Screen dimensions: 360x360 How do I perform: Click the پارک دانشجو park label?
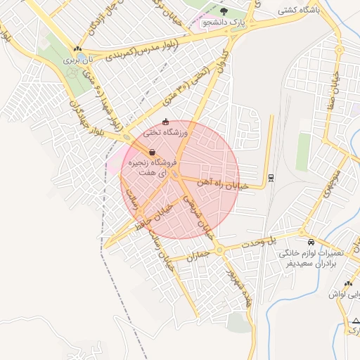[226, 22]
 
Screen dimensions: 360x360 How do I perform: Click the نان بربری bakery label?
[78, 60]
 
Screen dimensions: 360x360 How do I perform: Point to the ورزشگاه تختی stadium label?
[167, 132]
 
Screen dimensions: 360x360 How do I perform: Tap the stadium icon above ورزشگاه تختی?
[166, 122]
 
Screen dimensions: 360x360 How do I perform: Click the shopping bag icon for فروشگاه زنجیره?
[152, 152]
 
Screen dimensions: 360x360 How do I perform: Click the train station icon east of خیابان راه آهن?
[272, 176]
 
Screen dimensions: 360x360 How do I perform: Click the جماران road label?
[198, 257]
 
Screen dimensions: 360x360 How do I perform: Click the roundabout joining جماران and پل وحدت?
[219, 250]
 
